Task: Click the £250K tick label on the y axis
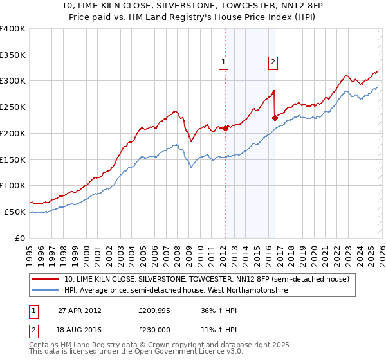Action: [12, 107]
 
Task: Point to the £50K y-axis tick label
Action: [14, 212]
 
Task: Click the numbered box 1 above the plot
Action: [223, 62]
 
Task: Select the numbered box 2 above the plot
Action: [273, 62]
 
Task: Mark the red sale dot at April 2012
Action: [226, 128]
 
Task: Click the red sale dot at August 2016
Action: [275, 118]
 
